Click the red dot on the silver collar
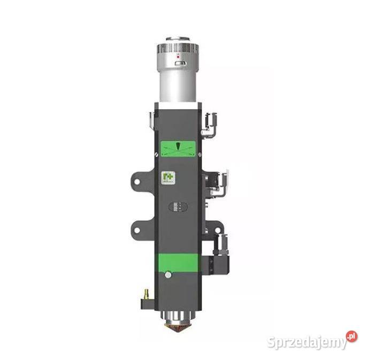pos(178,55)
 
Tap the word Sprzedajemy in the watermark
pos(305,342)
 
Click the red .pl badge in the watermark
pos(351,336)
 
